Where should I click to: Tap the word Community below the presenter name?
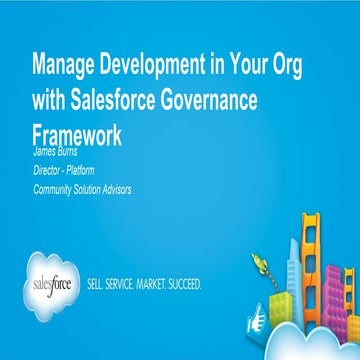54,190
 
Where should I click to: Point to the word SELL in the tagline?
100,284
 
